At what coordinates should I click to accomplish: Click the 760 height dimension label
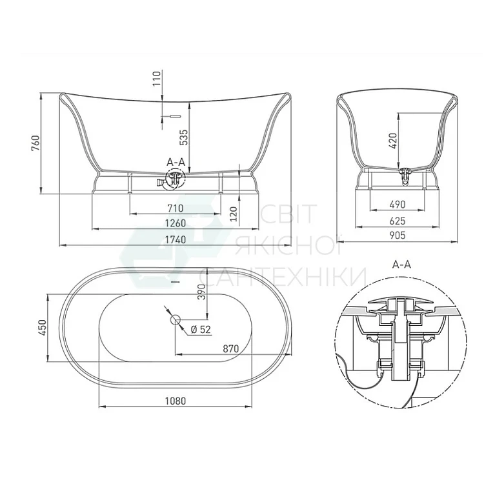35,143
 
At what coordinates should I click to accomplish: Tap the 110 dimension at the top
157,78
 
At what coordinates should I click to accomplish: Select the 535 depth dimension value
184,137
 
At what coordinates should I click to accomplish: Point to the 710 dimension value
175,208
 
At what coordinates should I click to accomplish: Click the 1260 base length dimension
175,223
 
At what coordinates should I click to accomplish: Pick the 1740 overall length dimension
175,239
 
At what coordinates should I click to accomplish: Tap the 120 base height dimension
234,214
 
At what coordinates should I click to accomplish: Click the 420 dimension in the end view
392,141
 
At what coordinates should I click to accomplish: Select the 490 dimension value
398,205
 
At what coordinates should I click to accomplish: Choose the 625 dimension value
398,221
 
